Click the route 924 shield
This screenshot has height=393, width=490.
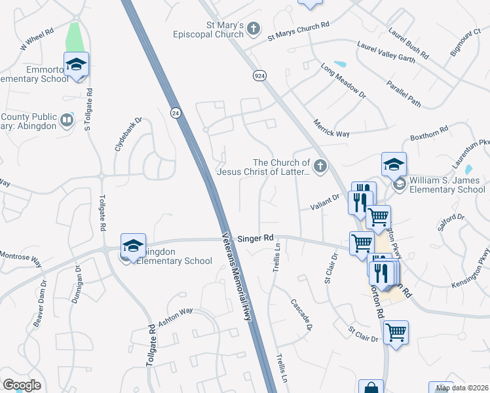pos(259,76)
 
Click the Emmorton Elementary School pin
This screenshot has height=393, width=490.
pos(77,65)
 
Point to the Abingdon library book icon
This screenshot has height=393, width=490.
pos(66,120)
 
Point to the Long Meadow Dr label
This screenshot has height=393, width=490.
pos(343,81)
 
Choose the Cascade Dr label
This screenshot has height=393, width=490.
pos(301,314)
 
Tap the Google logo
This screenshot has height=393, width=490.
pos(22,385)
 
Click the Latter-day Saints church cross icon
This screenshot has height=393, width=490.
pos(320,166)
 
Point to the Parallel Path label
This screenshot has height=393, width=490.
pos(403,94)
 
